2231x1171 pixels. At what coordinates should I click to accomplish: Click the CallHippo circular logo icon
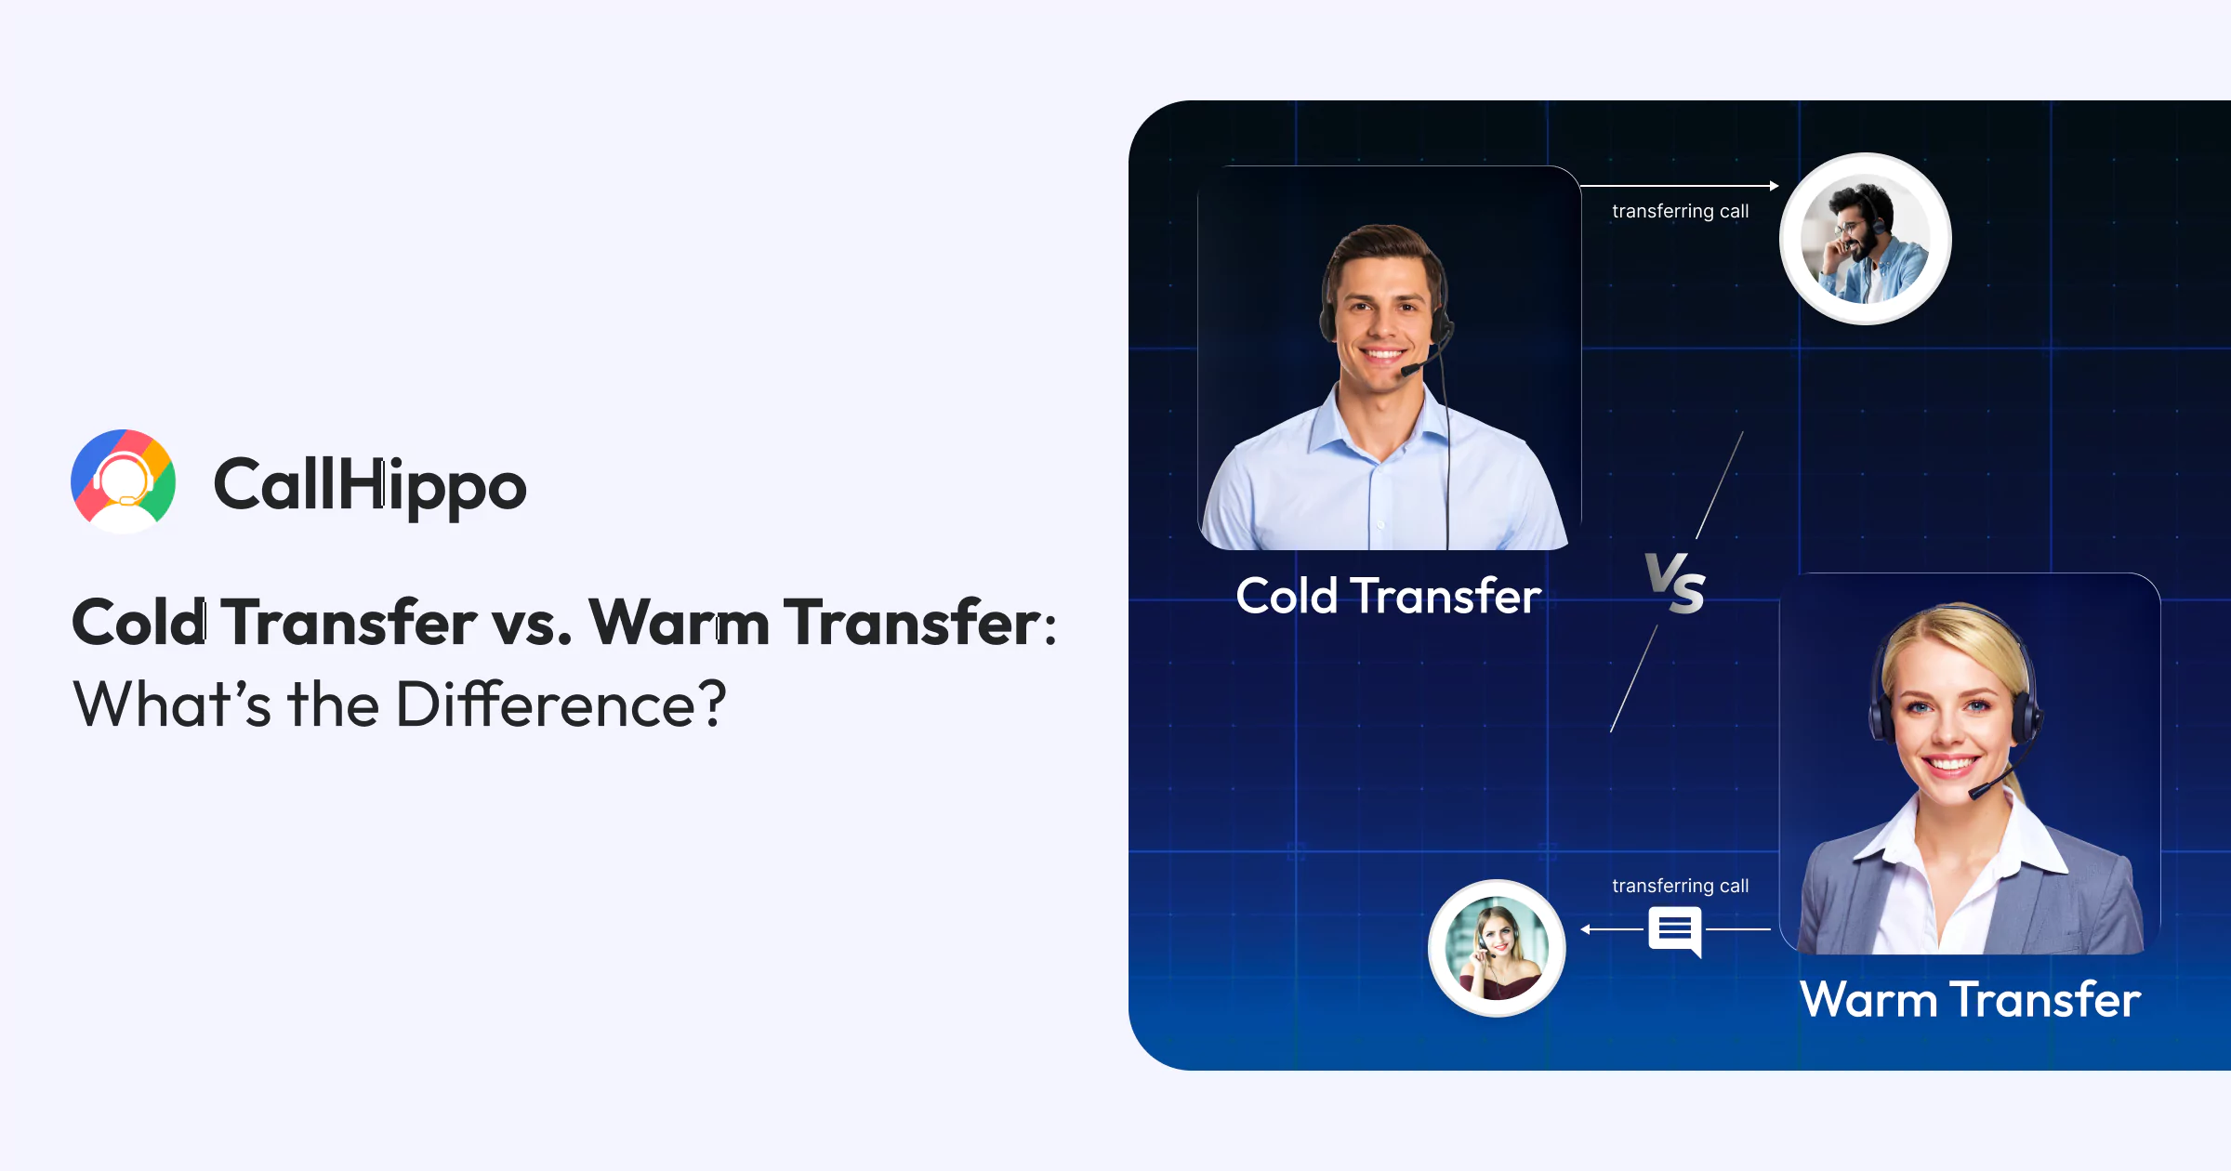pyautogui.click(x=124, y=481)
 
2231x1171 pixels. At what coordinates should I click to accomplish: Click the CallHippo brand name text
pyautogui.click(x=370, y=484)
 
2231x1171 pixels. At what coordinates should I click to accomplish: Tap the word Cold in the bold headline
pyautogui.click(x=140, y=622)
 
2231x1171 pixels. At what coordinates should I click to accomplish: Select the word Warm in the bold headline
pyautogui.click(x=679, y=622)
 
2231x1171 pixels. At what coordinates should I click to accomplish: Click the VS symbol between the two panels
pyautogui.click(x=1675, y=584)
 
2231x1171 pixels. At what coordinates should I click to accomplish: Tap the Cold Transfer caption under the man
pyautogui.click(x=1389, y=596)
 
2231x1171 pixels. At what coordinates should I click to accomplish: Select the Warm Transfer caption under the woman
pyautogui.click(x=1970, y=999)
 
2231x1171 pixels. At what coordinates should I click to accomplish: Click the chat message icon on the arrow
pyautogui.click(x=1675, y=931)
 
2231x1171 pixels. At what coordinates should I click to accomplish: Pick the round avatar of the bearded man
pyautogui.click(x=1865, y=239)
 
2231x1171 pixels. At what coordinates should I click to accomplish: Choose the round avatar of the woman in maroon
pyautogui.click(x=1497, y=948)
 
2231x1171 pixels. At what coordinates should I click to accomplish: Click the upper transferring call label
pyautogui.click(x=1680, y=211)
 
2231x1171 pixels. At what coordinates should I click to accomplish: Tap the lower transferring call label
pyautogui.click(x=1680, y=886)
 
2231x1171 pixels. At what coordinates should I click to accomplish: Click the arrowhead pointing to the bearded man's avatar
pyautogui.click(x=1774, y=186)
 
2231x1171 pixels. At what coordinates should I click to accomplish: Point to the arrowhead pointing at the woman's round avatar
pyautogui.click(x=1586, y=929)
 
